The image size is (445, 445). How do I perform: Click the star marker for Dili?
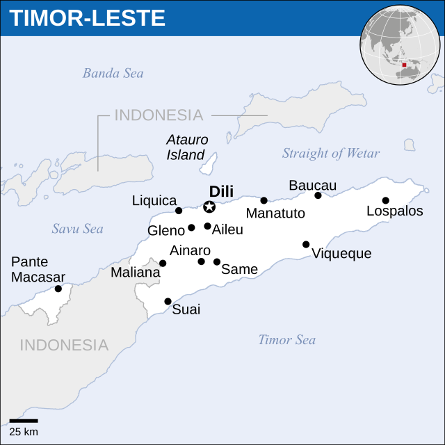point(209,207)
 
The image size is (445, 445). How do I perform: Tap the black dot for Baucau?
point(318,195)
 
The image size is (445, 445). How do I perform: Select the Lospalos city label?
point(394,211)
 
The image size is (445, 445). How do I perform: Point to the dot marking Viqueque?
point(306,244)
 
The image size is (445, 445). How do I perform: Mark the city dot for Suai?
point(168,301)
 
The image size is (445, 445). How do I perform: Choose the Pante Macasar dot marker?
point(58,289)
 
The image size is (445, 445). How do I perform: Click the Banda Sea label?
point(113,73)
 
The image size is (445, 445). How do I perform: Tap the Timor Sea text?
point(286,340)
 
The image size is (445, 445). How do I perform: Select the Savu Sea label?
point(77,229)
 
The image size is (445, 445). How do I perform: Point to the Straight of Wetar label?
point(331,154)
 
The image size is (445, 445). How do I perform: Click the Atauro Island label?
point(187,147)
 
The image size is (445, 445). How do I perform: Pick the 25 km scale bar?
point(24,421)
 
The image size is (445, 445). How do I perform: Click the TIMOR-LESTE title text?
point(88,18)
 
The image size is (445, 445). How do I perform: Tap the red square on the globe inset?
point(403,65)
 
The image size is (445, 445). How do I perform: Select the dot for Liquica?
point(179,211)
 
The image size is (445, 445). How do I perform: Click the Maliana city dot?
point(163,264)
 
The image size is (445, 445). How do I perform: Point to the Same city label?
point(239,269)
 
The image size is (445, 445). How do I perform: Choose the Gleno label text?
point(165,230)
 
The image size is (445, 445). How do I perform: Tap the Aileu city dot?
point(207,226)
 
